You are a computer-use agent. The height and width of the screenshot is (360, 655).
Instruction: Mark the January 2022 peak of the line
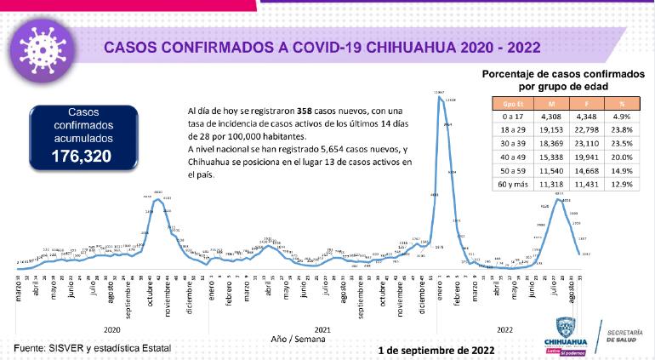click(439, 96)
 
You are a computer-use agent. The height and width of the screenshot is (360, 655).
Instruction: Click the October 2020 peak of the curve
click(158, 197)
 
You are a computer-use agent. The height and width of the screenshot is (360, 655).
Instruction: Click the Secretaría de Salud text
click(629, 334)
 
